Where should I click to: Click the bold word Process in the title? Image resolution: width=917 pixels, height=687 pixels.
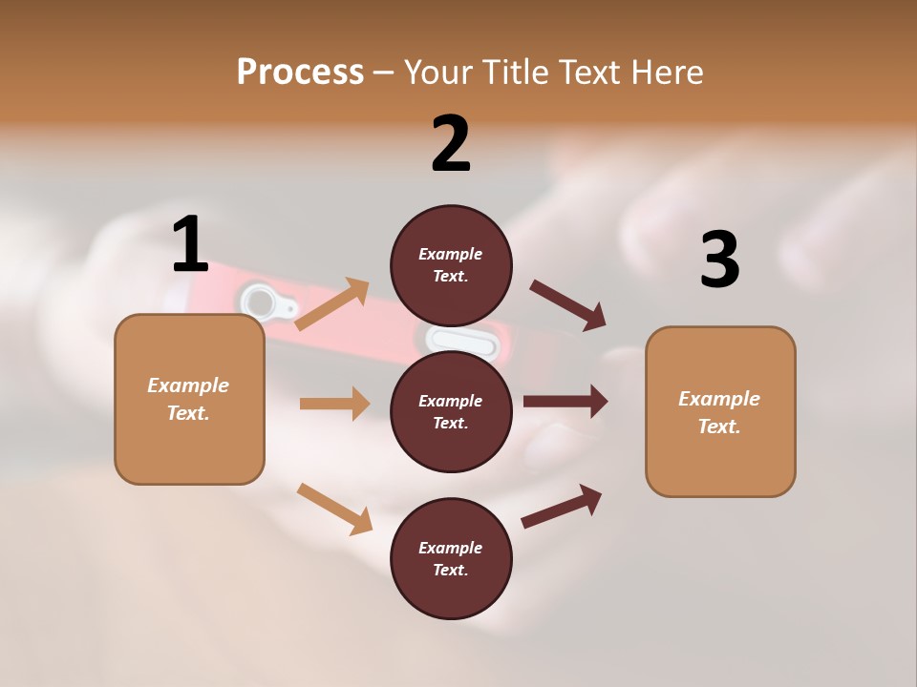(x=300, y=73)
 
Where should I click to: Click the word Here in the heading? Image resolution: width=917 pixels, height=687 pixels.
(x=667, y=73)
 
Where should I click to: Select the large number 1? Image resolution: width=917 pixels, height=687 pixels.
(x=190, y=244)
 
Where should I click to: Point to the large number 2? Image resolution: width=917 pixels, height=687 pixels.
(x=451, y=143)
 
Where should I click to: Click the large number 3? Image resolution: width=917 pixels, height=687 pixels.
(x=719, y=260)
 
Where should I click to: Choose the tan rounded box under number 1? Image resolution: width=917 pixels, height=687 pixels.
(x=189, y=399)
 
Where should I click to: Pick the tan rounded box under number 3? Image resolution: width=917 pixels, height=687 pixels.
(x=720, y=411)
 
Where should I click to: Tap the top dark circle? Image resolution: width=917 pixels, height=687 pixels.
(x=451, y=264)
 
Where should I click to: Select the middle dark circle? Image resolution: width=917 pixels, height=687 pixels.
(x=451, y=411)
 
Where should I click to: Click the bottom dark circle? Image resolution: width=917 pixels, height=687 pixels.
(x=451, y=558)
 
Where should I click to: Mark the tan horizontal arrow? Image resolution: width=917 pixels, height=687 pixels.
(x=334, y=404)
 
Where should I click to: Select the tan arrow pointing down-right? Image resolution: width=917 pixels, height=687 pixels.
(x=334, y=509)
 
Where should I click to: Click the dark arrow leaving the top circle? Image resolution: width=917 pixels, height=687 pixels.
(x=568, y=304)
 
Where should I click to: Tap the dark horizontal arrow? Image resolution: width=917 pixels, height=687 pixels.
(x=565, y=402)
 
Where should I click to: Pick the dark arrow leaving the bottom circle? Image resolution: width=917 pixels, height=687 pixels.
(x=562, y=506)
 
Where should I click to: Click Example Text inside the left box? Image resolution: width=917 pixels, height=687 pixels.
(x=188, y=399)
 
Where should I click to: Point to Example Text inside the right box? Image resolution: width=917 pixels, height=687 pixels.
(x=719, y=412)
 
